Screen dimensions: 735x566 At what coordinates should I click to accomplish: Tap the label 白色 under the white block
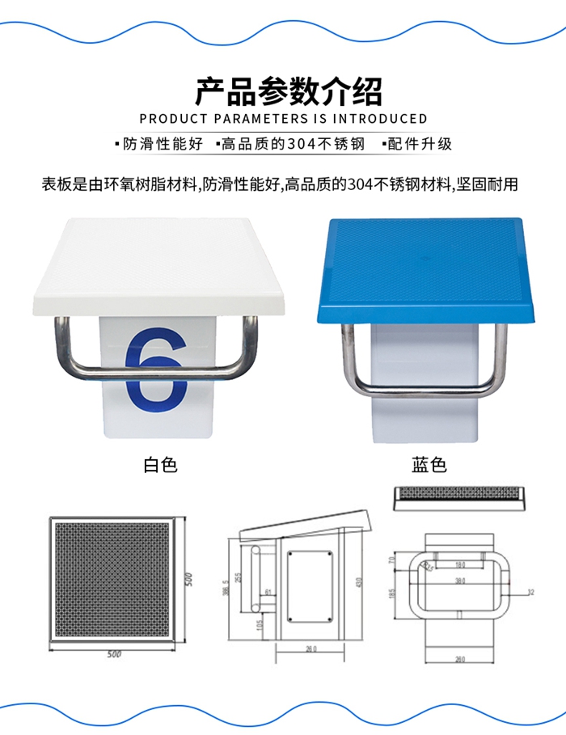pos(159,465)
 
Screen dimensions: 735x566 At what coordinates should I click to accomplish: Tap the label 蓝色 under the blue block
pos(429,465)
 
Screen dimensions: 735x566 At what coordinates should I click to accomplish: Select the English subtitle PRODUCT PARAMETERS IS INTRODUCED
pos(283,119)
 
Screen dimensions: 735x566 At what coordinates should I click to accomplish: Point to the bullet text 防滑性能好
pos(163,145)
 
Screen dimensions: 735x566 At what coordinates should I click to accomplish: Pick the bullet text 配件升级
pos(420,145)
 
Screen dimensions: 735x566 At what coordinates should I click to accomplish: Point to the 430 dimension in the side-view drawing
pos(356,583)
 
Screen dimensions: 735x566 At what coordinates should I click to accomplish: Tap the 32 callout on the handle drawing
pos(530,592)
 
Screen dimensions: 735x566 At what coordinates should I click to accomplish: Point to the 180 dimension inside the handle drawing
pos(459,564)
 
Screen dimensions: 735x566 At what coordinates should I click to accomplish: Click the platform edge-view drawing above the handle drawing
pos(458,498)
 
